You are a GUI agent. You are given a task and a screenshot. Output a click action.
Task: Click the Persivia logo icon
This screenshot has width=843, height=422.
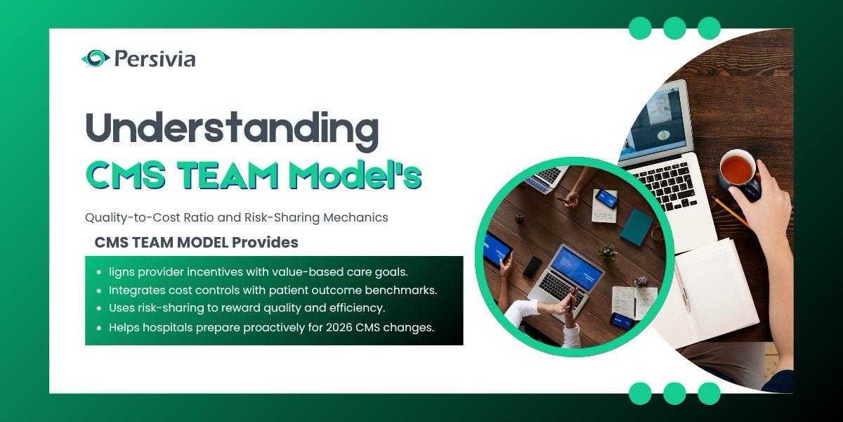pos(96,58)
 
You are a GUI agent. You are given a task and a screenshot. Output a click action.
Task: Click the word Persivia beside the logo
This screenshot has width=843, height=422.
pos(155,59)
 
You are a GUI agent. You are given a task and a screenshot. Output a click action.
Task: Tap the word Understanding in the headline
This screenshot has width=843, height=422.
pos(233,129)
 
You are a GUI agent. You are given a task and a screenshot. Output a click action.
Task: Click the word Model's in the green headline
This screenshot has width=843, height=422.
pos(355,175)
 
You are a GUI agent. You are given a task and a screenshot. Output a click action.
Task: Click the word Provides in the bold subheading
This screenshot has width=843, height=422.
pos(265,242)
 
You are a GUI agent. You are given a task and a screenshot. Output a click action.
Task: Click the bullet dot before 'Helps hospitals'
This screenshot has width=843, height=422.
pos(99,328)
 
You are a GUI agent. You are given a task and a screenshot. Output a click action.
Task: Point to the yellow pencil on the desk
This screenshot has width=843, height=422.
pos(733,213)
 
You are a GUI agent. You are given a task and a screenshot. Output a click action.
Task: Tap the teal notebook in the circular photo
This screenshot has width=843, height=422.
pos(636,227)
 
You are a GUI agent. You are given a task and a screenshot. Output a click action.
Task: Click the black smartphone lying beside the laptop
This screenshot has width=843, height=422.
pos(532,267)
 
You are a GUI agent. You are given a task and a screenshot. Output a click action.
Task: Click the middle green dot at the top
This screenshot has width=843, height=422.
pos(674,28)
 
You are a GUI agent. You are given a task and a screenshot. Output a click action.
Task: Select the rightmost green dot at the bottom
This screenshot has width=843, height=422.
pos(709,394)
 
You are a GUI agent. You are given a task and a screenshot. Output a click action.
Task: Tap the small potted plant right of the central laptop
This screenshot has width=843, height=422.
pos(607,251)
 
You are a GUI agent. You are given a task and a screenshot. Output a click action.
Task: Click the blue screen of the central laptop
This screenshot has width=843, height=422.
pos(577,267)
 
